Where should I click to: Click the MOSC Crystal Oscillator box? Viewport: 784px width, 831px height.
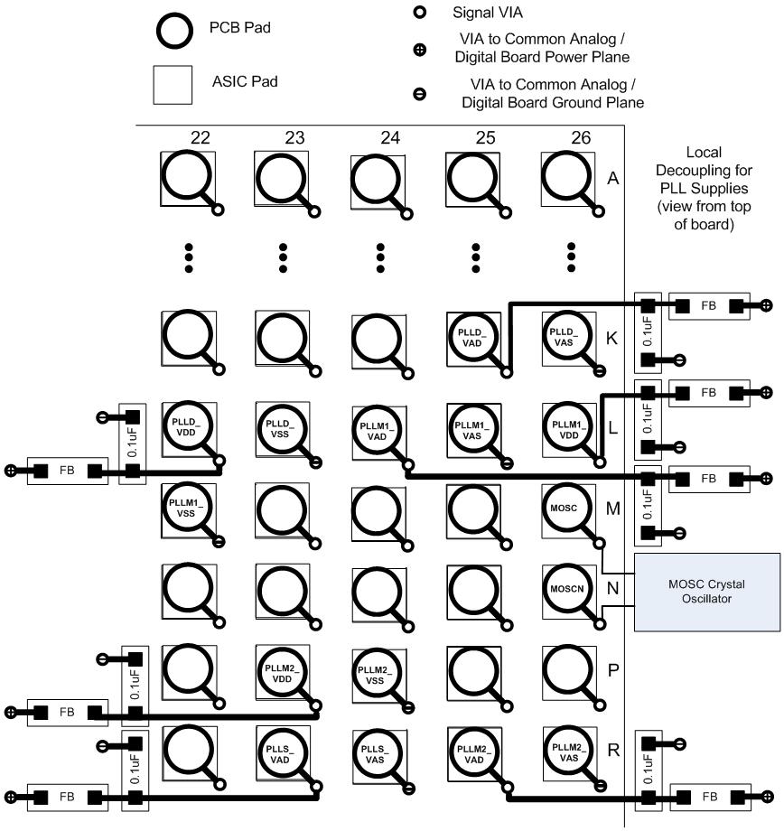[707, 592]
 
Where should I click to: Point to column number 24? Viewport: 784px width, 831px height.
[390, 138]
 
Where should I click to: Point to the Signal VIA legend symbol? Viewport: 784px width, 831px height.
[419, 13]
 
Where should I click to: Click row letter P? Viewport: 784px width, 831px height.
[613, 670]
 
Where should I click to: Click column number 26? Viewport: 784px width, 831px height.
[581, 138]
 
